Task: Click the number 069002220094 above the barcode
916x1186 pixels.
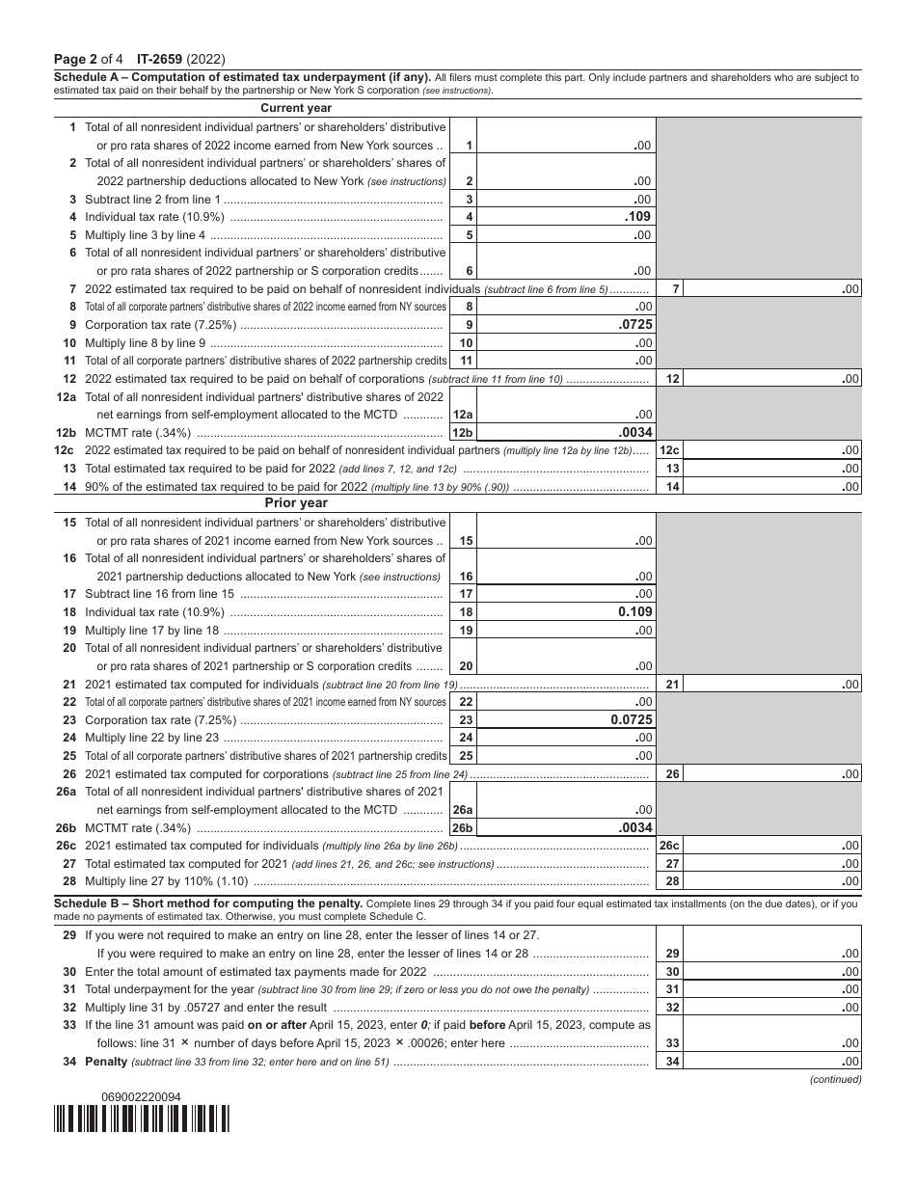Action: pyautogui.click(x=141, y=1096)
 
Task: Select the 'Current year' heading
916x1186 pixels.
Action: pyautogui.click(x=296, y=108)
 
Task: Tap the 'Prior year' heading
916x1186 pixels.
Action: pyautogui.click(x=296, y=502)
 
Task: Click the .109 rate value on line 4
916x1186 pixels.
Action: pyautogui.click(x=638, y=216)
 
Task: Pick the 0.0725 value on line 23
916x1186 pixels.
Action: pyautogui.click(x=632, y=719)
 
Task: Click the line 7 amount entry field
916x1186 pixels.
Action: pyautogui.click(x=771, y=288)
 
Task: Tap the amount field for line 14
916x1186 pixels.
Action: pyautogui.click(x=771, y=486)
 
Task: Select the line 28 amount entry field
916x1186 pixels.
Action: pyautogui.click(x=771, y=881)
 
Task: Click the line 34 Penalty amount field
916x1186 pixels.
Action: pyautogui.click(x=771, y=1062)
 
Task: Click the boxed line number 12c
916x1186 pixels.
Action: pyautogui.click(x=669, y=450)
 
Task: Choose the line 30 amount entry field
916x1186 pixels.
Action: pyautogui.click(x=771, y=971)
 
